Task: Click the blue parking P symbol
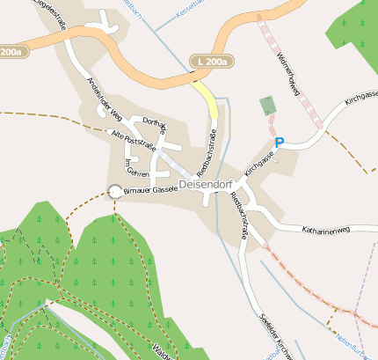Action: click(280, 143)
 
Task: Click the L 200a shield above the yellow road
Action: click(214, 62)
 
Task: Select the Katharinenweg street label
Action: click(325, 230)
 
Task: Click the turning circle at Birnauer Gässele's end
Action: click(114, 190)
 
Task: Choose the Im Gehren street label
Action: click(133, 166)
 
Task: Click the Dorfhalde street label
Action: click(154, 127)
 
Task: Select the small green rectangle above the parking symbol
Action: click(266, 107)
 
